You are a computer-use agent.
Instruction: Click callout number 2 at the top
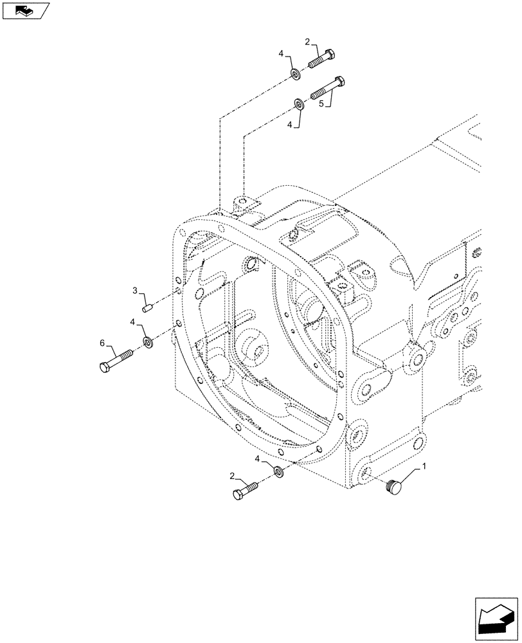pyautogui.click(x=308, y=42)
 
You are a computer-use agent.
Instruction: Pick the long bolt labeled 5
pyautogui.click(x=328, y=89)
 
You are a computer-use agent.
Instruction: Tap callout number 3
pyautogui.click(x=136, y=291)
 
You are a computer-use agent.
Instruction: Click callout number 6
pyautogui.click(x=102, y=345)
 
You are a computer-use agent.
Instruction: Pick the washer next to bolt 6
pyautogui.click(x=147, y=341)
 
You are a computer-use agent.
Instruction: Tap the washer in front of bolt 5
pyautogui.click(x=299, y=104)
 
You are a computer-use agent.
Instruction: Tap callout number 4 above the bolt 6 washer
pyautogui.click(x=132, y=321)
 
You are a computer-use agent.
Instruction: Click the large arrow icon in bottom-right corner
pyautogui.click(x=496, y=617)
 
